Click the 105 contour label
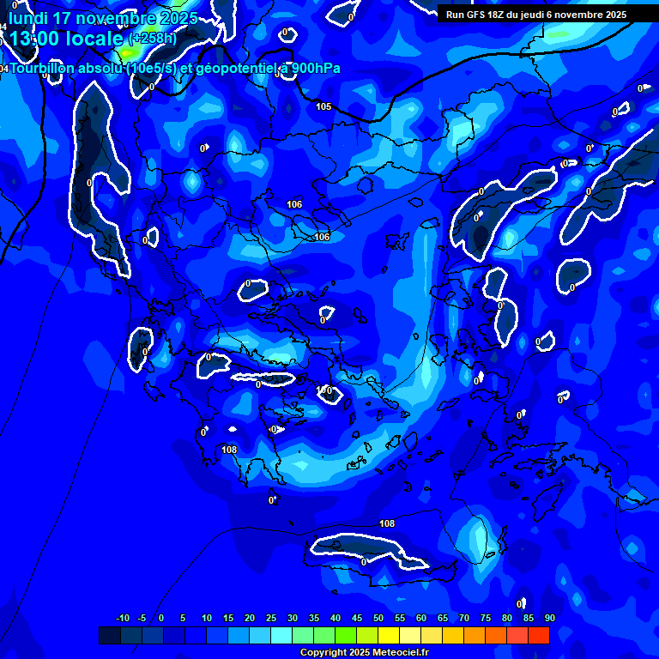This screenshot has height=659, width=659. click(323, 106)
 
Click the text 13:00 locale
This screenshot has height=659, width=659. click(66, 39)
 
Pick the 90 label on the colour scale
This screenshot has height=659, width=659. click(549, 618)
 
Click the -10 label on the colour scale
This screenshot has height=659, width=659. click(122, 618)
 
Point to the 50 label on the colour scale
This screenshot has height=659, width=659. click(378, 618)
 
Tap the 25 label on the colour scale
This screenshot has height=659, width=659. click(271, 618)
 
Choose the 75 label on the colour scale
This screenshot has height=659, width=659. click(486, 618)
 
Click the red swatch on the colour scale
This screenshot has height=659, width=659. click(538, 635)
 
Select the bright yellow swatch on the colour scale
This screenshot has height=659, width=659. click(388, 635)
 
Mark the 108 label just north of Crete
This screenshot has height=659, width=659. click(387, 523)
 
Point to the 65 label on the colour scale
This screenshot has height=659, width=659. click(443, 618)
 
